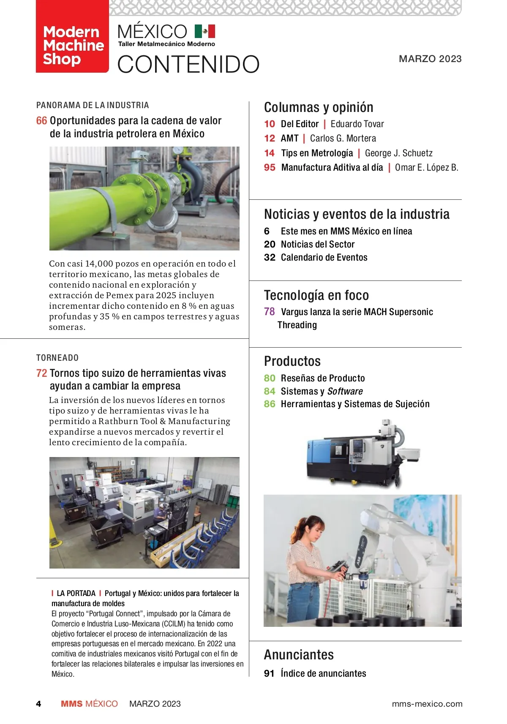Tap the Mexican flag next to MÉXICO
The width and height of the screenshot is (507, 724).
tap(205, 31)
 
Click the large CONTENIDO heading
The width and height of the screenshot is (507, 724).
tap(188, 64)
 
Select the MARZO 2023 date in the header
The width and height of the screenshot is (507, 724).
tap(430, 59)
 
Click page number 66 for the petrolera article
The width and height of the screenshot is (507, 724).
tap(41, 121)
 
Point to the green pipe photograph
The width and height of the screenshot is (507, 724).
tap(144, 198)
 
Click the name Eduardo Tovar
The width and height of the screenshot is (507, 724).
tap(357, 124)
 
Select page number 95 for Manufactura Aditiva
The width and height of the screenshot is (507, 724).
tap(270, 168)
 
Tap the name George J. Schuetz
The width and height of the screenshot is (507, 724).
tap(398, 153)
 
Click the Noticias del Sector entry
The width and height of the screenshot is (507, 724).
tap(317, 245)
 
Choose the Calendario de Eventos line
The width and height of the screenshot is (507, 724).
tap(324, 258)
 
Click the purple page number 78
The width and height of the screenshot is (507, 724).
tap(269, 312)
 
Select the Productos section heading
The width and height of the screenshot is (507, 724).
tap(292, 362)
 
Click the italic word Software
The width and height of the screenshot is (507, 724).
tap(345, 392)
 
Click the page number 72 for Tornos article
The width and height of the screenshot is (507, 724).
tap(41, 373)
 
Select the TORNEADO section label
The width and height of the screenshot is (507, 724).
tap(57, 358)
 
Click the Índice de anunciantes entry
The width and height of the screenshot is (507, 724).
tap(323, 674)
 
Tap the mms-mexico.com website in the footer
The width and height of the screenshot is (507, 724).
tap(427, 704)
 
